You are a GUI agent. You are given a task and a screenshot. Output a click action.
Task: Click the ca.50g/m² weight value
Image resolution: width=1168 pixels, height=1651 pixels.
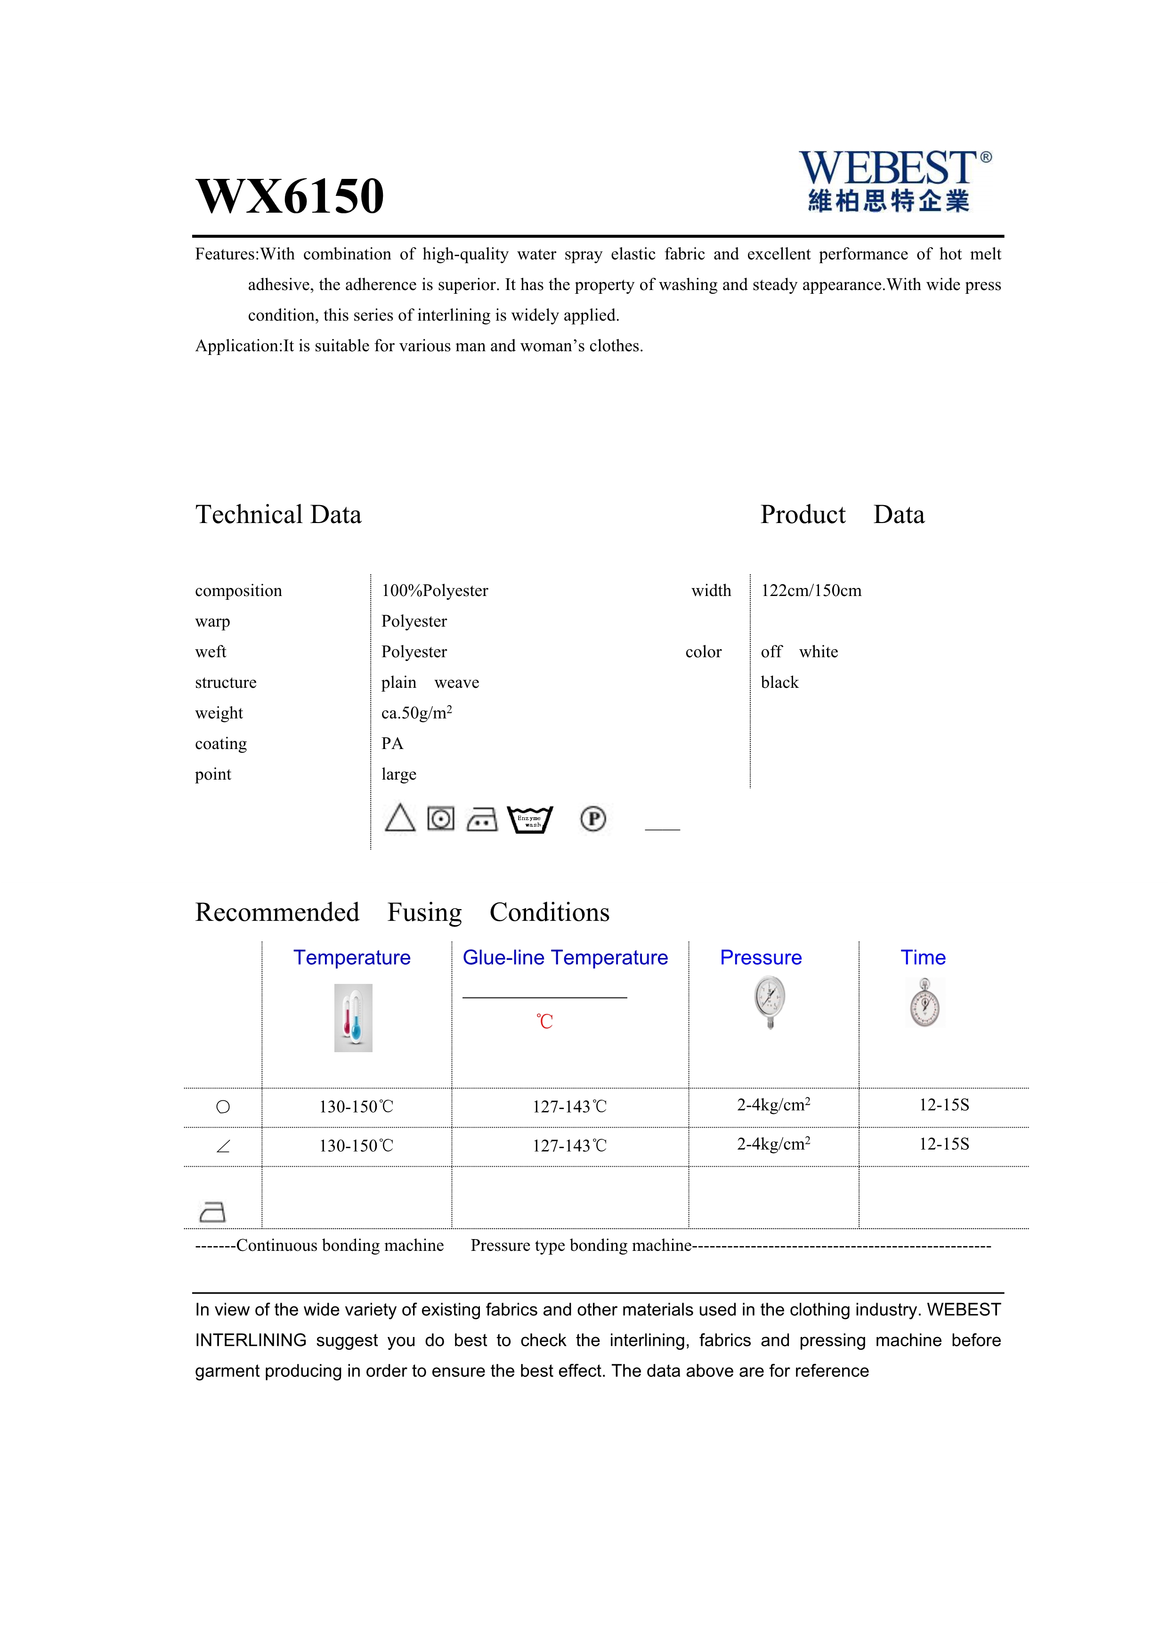(x=416, y=713)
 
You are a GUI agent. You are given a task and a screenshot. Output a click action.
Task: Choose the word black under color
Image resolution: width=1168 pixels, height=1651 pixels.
(x=779, y=683)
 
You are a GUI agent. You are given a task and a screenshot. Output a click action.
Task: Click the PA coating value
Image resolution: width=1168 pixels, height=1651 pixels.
(x=392, y=743)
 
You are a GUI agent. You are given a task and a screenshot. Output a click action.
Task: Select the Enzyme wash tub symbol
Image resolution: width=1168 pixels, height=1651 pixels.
(x=530, y=819)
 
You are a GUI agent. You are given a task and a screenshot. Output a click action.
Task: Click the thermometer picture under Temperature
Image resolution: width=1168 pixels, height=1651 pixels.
(x=353, y=1017)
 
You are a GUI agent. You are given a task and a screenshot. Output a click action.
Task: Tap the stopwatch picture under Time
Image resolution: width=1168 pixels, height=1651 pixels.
(x=925, y=1003)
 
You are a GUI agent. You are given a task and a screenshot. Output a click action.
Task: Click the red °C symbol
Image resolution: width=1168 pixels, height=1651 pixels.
(x=544, y=1022)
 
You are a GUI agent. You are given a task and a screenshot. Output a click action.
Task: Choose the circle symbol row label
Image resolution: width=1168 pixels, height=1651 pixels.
(x=223, y=1107)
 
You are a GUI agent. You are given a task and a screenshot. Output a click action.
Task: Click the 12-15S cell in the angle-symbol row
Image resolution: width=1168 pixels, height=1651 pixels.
(x=944, y=1144)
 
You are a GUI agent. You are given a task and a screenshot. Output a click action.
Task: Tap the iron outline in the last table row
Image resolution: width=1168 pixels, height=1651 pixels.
(x=212, y=1212)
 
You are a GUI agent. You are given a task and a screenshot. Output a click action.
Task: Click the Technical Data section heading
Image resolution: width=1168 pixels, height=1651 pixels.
(x=278, y=515)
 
